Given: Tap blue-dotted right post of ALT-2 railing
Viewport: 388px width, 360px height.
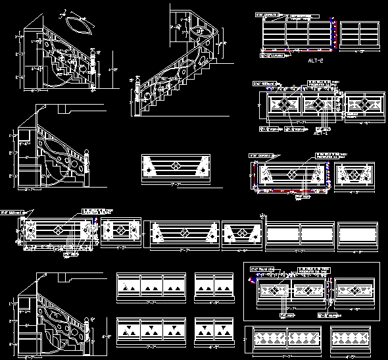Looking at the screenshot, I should pos(335,33).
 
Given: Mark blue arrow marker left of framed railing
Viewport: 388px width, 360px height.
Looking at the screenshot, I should pos(251,280).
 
